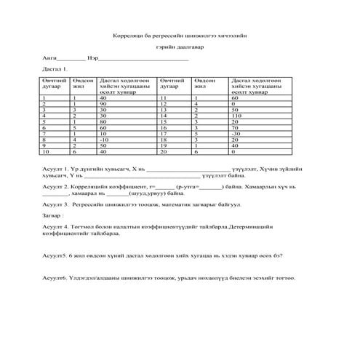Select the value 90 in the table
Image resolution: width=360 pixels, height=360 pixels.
pyautogui.click(x=103, y=103)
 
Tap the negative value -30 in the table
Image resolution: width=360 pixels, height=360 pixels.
pyautogui.click(x=235, y=133)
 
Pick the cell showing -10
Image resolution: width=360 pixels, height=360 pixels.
pyautogui.click(x=104, y=139)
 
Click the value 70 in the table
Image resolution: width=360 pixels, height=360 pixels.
pyautogui.click(x=234, y=127)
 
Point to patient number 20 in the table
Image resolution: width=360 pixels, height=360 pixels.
pyautogui.click(x=164, y=151)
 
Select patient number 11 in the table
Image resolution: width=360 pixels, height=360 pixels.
pyautogui.click(x=164, y=97)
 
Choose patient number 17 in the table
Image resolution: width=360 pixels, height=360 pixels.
pyautogui.click(x=164, y=133)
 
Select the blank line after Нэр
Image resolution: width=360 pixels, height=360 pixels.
pyautogui.click(x=143, y=56)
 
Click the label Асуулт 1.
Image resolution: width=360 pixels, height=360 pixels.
pyautogui.click(x=56, y=168)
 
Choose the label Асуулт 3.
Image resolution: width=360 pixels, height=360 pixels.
pyautogui.click(x=56, y=205)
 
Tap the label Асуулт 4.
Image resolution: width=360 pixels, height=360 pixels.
pyautogui.click(x=56, y=228)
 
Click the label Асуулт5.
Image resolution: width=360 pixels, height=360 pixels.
pyautogui.click(x=55, y=256)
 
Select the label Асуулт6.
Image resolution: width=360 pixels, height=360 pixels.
pyautogui.click(x=55, y=279)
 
